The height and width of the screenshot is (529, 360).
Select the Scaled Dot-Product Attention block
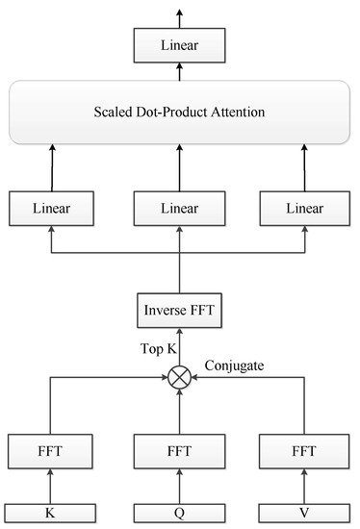[179, 113]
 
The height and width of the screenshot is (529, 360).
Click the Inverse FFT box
[179, 311]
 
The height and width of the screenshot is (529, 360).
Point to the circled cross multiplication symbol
[179, 378]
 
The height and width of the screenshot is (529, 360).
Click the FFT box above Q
[179, 448]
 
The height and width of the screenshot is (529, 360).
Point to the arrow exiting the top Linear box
[179, 14]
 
